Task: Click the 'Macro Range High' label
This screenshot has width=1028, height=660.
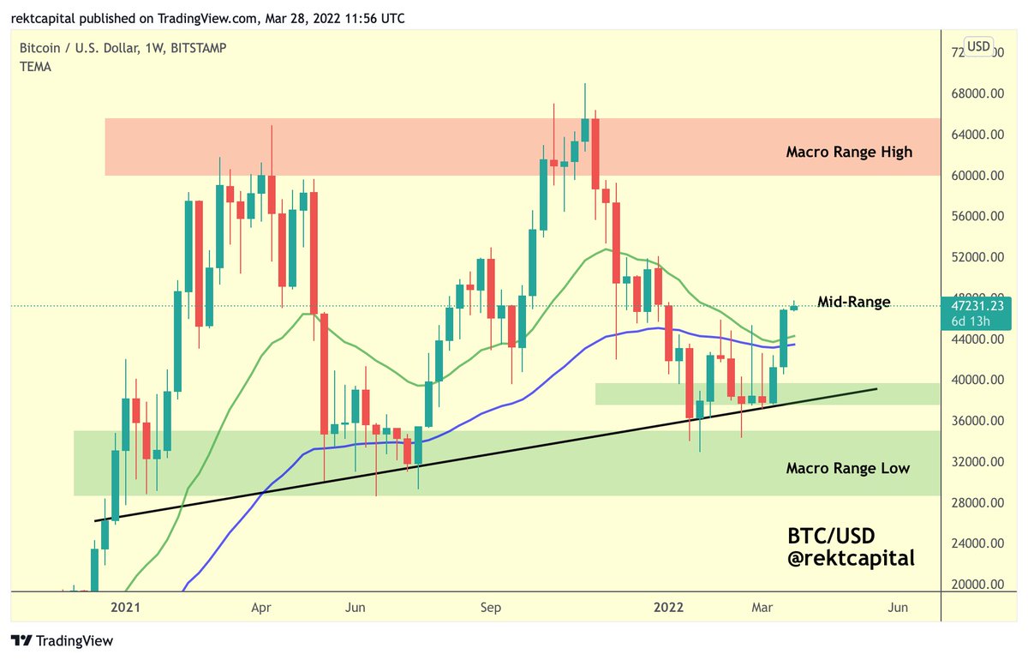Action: [849, 153]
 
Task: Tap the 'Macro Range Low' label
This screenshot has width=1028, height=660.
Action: [847, 469]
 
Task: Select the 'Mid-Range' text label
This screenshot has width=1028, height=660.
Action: [853, 302]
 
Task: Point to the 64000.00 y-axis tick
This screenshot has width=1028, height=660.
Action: [980, 135]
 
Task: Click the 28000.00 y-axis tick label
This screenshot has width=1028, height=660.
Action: [980, 502]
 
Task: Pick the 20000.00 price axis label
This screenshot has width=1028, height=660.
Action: [980, 585]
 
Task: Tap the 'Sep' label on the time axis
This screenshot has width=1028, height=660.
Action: [490, 608]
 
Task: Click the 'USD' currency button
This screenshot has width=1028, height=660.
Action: [978, 46]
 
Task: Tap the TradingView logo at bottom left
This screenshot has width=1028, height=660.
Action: [62, 641]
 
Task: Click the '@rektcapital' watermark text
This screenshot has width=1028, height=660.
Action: [851, 559]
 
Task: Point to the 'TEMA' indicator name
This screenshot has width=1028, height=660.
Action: [35, 67]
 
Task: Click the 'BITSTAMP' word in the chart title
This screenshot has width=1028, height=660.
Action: [197, 49]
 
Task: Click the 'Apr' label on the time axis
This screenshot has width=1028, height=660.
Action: [261, 608]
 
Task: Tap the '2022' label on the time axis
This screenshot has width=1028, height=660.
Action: [668, 608]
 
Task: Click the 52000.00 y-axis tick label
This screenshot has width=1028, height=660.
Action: [980, 257]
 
